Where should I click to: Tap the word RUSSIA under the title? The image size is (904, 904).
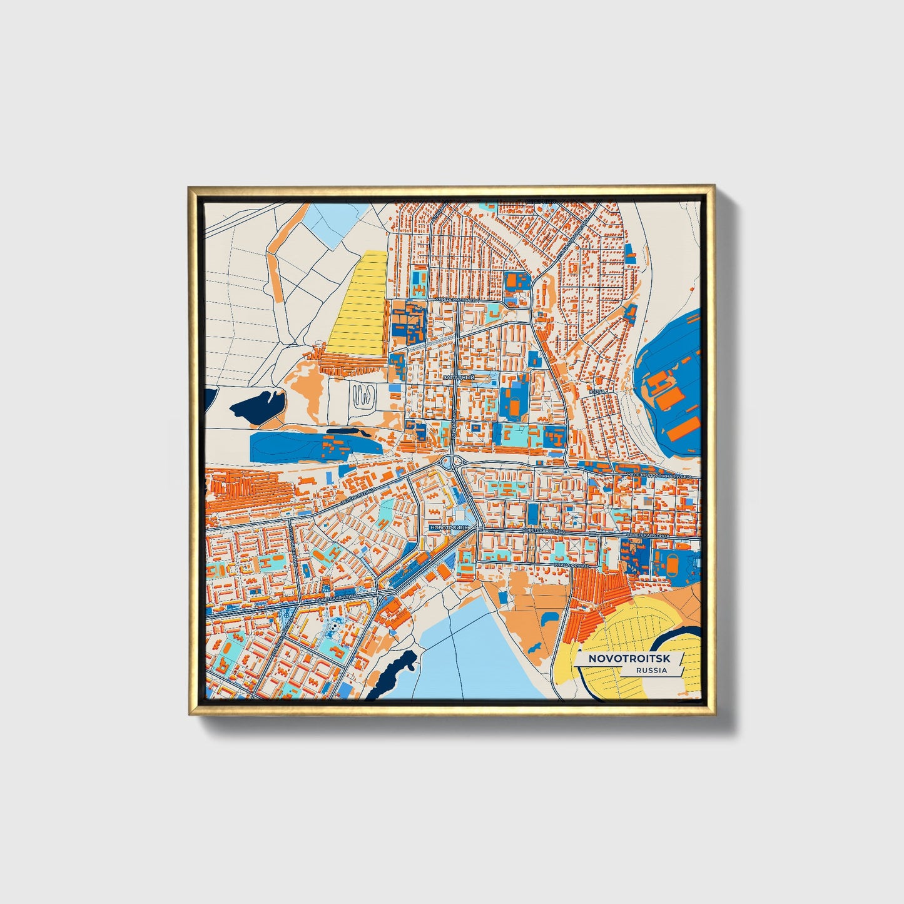(651, 671)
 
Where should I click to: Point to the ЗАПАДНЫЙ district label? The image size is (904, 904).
(459, 378)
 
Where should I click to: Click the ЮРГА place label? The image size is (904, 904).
(597, 392)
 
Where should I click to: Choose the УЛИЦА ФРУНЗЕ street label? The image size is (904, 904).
(568, 564)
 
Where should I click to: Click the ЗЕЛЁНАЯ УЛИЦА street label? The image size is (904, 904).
(358, 496)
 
